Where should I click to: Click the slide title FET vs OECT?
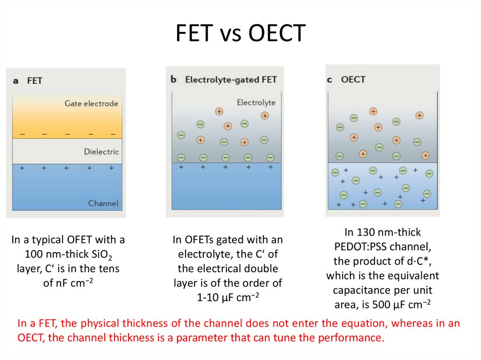point(240,34)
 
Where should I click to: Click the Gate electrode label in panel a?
point(91,103)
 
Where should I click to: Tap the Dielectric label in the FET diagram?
point(101,152)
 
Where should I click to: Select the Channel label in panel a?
point(103,204)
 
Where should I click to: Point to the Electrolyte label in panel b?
point(256,102)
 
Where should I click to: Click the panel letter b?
point(173,79)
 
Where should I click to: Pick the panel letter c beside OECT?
point(330,79)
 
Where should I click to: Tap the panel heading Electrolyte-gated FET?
point(231,79)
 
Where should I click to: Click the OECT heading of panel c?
point(353,79)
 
